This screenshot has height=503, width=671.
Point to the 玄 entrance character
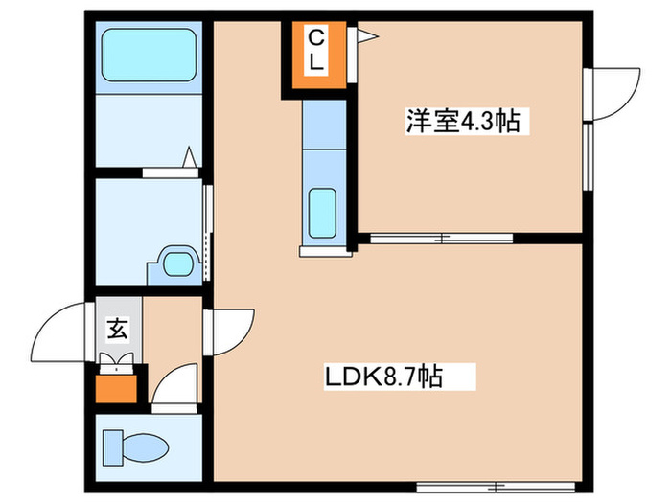tap(117, 330)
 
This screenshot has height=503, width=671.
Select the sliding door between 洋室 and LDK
tap(443, 236)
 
